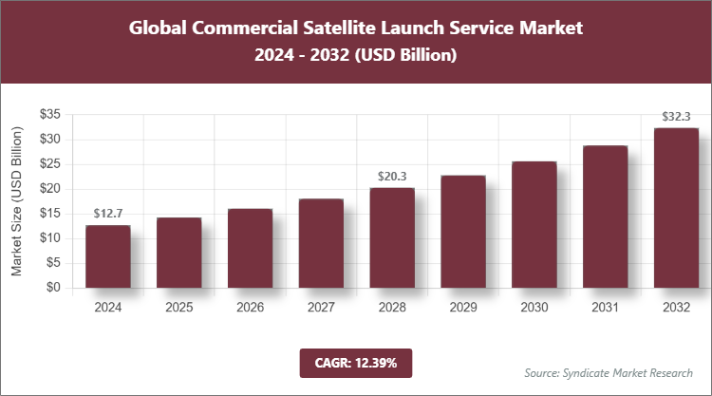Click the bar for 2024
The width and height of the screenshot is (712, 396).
(107, 256)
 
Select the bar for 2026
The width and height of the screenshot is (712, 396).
(250, 248)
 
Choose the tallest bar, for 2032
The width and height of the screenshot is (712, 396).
(676, 208)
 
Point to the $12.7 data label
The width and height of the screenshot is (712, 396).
(107, 213)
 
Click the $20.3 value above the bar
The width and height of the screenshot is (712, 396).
(392, 176)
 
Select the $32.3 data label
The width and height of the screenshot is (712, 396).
(676, 116)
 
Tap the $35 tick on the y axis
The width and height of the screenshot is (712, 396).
(50, 114)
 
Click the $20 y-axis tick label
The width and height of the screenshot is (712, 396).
(50, 189)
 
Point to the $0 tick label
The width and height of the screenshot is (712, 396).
(54, 288)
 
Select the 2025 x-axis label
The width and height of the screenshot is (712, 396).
(178, 308)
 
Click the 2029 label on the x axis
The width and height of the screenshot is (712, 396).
(463, 308)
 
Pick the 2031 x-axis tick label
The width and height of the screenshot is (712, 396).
(605, 308)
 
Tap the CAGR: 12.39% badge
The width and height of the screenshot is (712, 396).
(355, 363)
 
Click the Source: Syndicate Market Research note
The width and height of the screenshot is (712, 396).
(609, 371)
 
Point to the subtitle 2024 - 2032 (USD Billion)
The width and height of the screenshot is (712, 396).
(355, 56)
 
